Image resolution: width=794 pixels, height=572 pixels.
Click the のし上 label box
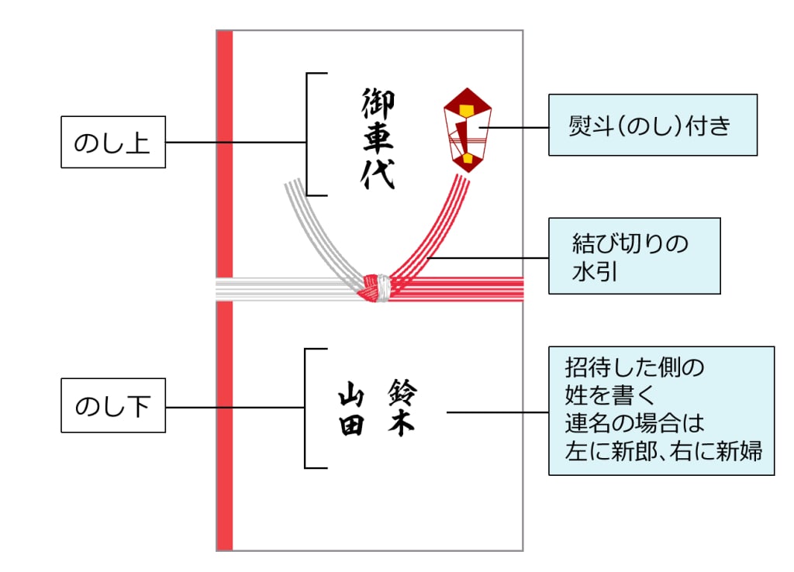pyautogui.click(x=113, y=143)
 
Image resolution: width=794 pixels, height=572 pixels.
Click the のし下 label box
pyautogui.click(x=113, y=407)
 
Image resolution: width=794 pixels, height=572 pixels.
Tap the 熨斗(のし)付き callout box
pyautogui.click(x=652, y=125)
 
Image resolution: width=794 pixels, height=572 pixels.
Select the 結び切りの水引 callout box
pyautogui.click(x=634, y=255)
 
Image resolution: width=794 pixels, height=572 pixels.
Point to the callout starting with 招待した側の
pyautogui.click(x=661, y=411)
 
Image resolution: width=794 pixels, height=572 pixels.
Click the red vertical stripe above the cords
pyautogui.click(x=225, y=155)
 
